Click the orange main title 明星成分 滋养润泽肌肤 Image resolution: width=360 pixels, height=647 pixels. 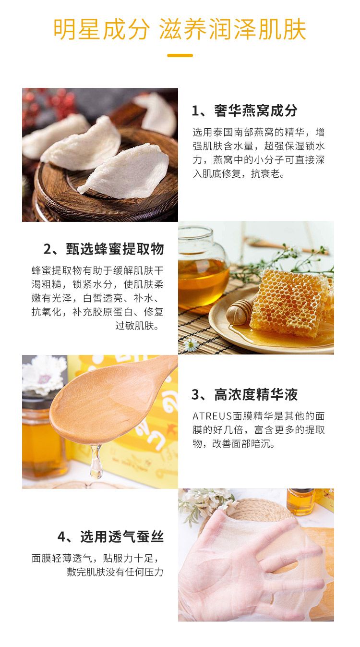(180, 29)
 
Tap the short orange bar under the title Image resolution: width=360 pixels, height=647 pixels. (180, 55)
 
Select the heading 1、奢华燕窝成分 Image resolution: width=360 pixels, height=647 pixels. (244, 110)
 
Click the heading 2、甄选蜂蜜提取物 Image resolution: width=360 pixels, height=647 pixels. (104, 249)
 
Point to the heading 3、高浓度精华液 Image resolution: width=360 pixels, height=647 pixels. (244, 394)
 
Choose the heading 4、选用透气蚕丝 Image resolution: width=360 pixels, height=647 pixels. (110, 537)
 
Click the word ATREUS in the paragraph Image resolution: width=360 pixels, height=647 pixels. (212, 416)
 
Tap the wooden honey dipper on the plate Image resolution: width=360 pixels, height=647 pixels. (240, 312)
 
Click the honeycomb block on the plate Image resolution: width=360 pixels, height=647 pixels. (290, 303)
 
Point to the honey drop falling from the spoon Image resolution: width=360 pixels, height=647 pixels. (96, 462)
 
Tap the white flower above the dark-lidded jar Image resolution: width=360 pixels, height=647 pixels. (43, 374)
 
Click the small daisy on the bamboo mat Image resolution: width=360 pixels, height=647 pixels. (191, 345)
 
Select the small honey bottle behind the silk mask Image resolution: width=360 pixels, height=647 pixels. (300, 502)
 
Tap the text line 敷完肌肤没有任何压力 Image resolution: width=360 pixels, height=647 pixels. (115, 572)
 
